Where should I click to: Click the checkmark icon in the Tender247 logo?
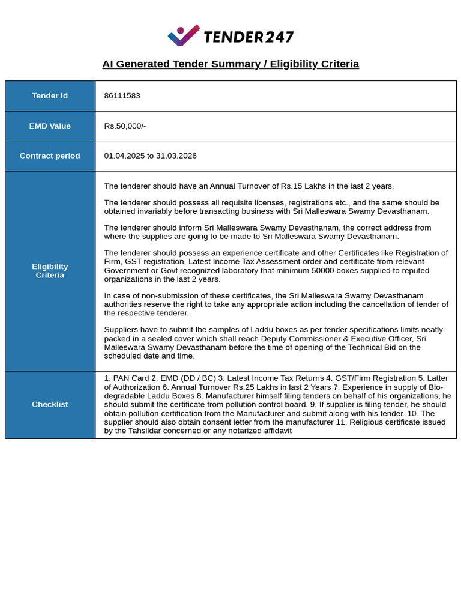coord(184,35)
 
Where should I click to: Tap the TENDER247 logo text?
coord(249,37)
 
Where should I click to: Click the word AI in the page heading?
coord(107,64)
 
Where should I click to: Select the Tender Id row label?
coord(50,96)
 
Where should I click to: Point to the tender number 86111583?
coord(122,96)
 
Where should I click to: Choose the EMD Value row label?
coord(50,126)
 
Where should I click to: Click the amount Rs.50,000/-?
coord(125,126)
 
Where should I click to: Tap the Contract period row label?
coord(50,156)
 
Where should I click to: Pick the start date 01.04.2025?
coord(124,156)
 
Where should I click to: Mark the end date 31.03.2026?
coord(176,156)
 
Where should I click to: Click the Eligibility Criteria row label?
coord(50,271)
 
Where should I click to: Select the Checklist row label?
coord(50,405)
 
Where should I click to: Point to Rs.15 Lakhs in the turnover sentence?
coord(298,186)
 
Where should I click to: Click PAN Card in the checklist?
coord(130,378)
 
